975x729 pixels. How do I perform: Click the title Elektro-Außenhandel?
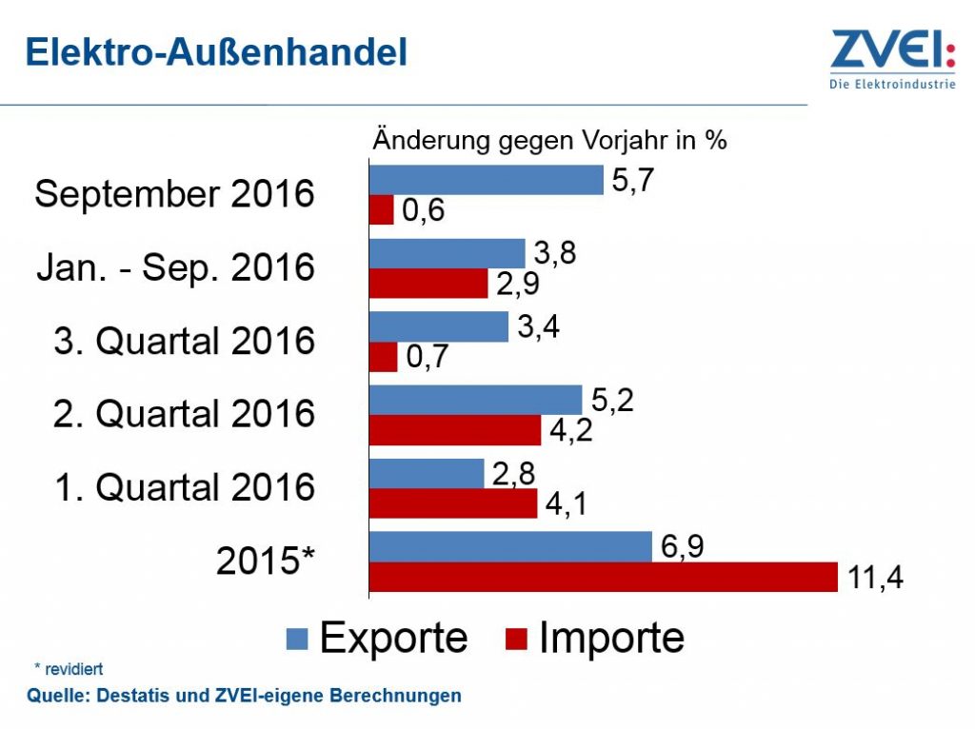pyautogui.click(x=216, y=52)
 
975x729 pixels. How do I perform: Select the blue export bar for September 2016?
pyautogui.click(x=486, y=180)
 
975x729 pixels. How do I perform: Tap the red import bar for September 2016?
pyautogui.click(x=382, y=210)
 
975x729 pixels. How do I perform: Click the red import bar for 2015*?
pyautogui.click(x=603, y=577)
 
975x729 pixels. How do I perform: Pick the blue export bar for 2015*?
pyautogui.click(x=510, y=546)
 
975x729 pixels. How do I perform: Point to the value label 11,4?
pyautogui.click(x=874, y=578)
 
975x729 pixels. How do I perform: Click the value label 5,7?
pyautogui.click(x=633, y=181)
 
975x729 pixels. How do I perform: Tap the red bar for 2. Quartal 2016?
pyautogui.click(x=455, y=430)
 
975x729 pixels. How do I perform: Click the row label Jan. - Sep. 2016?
pyautogui.click(x=175, y=267)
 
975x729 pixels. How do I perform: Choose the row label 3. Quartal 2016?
pyautogui.click(x=184, y=341)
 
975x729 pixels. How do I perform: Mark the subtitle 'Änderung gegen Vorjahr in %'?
pyautogui.click(x=549, y=140)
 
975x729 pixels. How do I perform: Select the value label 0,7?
pyautogui.click(x=427, y=358)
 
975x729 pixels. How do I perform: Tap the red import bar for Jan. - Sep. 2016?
pyautogui.click(x=428, y=284)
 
